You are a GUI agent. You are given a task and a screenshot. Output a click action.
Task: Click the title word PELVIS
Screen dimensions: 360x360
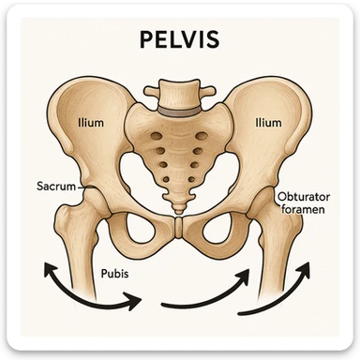(179, 42)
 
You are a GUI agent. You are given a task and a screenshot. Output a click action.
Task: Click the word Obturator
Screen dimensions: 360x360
(305, 197)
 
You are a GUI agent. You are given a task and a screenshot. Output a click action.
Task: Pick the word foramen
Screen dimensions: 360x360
(306, 211)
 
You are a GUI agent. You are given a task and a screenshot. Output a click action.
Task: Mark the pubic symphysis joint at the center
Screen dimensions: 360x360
(179, 228)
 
